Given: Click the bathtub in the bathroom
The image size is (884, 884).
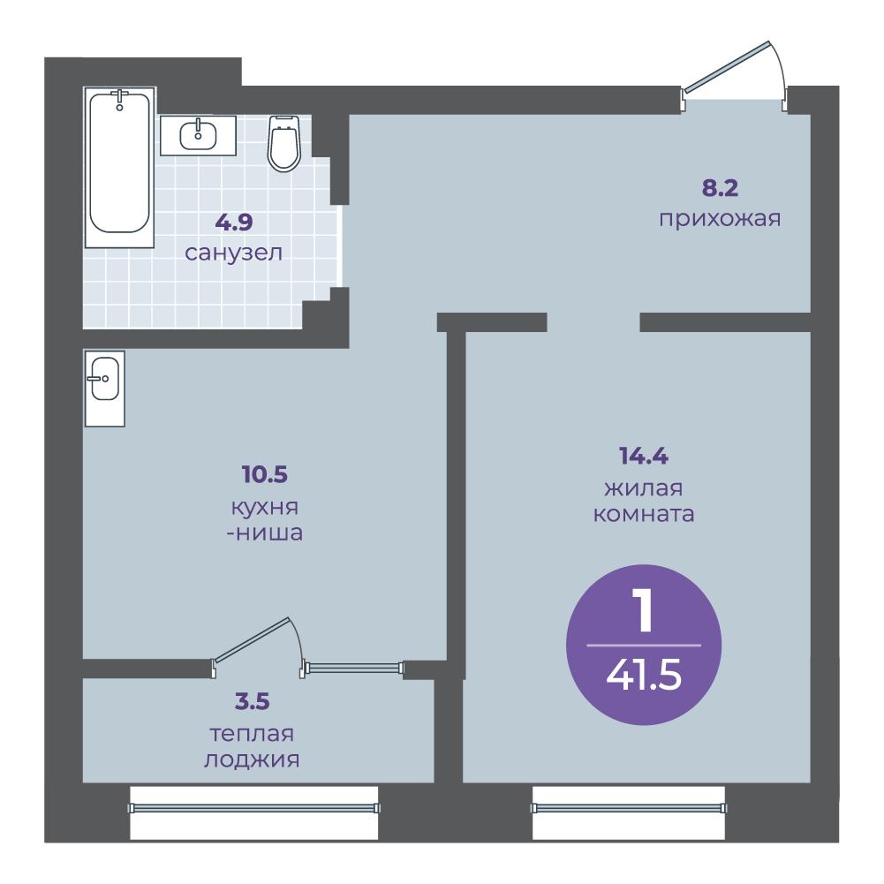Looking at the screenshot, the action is (119, 168).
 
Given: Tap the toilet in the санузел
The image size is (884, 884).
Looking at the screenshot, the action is (283, 143).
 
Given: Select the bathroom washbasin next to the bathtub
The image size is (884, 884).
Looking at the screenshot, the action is (198, 135).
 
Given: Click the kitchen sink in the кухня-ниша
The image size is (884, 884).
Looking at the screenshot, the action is (105, 389).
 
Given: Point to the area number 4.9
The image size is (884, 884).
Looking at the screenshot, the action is (234, 223).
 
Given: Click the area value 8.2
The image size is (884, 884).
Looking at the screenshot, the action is (720, 188).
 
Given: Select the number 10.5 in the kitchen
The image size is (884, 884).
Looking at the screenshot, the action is (264, 474).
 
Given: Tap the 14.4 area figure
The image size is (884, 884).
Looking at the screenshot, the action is (643, 456).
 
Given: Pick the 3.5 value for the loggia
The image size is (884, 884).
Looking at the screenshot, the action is (252, 701).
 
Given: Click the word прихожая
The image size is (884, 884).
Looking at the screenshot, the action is (720, 219).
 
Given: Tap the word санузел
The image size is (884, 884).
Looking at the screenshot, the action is (233, 253).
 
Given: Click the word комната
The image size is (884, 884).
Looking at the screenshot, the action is (643, 514).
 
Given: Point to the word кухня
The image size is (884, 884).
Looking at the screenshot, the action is (264, 508).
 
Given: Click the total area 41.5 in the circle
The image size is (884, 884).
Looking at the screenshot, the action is (644, 675).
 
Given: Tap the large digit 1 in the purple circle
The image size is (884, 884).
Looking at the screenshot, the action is (643, 610).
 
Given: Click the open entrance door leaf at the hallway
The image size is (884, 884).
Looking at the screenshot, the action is (726, 66).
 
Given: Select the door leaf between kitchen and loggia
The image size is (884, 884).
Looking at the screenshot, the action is (252, 639).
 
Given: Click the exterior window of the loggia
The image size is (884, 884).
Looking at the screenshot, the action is (254, 808).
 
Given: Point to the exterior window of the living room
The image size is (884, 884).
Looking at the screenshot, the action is (629, 808).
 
